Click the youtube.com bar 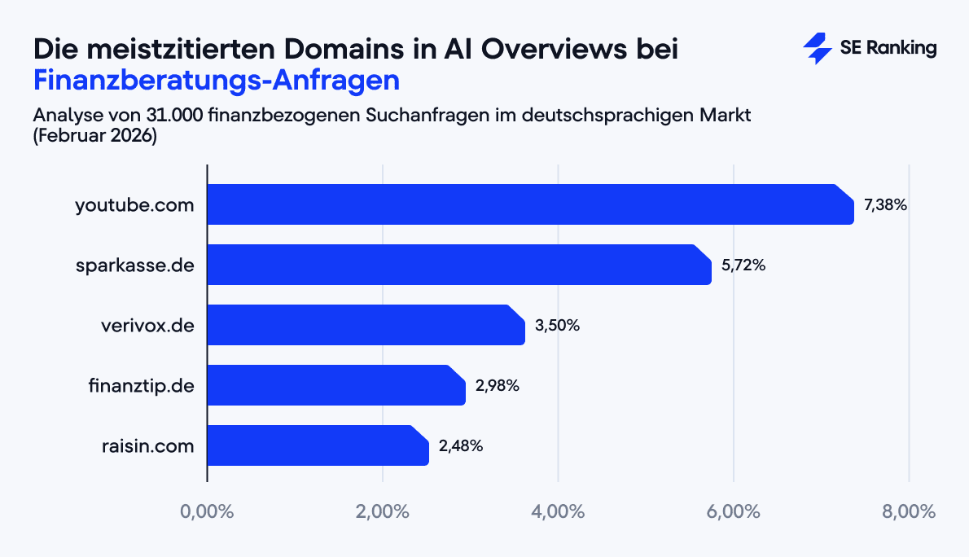tap(529, 204)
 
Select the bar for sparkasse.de tap(458, 265)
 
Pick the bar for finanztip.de tap(335, 385)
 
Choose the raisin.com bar tap(318, 445)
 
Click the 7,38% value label tap(885, 205)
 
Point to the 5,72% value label tap(743, 265)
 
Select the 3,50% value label tap(557, 326)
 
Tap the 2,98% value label tap(497, 385)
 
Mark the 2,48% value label tap(461, 445)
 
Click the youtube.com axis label tap(134, 205)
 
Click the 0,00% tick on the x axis tap(207, 512)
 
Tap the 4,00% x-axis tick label tap(558, 512)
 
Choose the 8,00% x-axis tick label tap(909, 512)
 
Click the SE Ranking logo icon tap(817, 49)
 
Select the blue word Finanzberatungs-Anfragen tap(217, 81)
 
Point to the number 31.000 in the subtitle tap(174, 115)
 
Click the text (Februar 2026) tap(94, 136)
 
